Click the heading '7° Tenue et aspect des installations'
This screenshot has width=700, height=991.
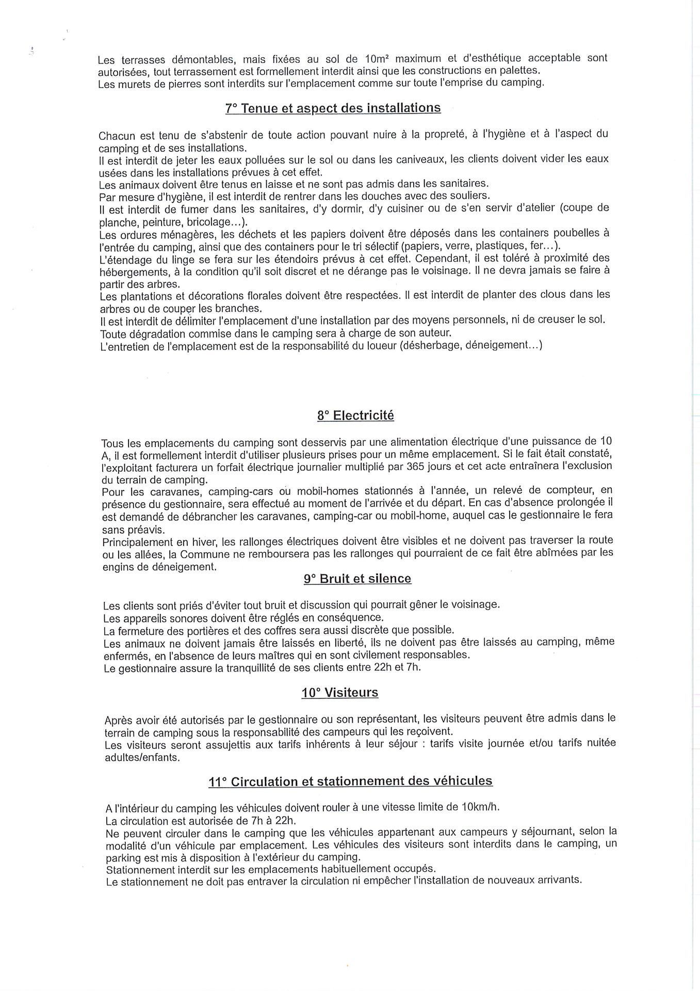pos(333,108)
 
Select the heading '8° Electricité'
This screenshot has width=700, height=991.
pos(355,415)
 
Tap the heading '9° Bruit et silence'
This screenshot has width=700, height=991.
pos(357,579)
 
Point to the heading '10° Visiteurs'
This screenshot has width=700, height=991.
pos(340,693)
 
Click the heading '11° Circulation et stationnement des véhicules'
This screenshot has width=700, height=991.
pos(350,781)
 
